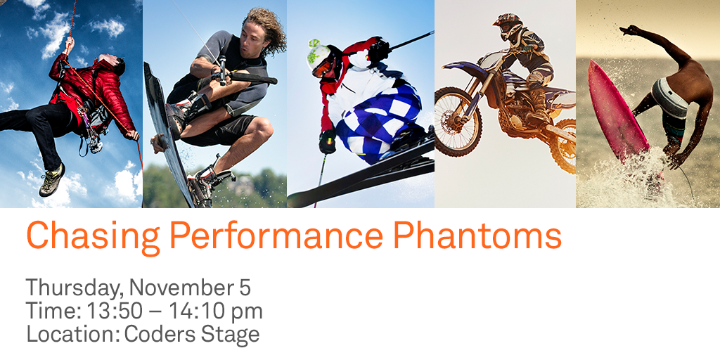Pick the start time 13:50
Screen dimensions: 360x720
(x=110, y=311)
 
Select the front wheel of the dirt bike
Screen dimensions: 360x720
(x=458, y=120)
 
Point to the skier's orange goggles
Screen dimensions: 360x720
(x=323, y=67)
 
